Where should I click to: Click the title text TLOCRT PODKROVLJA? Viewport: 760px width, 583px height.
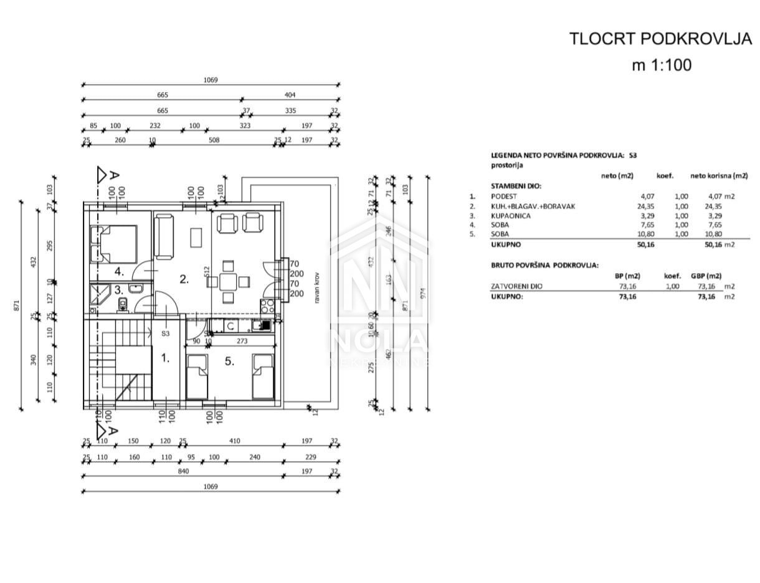tap(661, 39)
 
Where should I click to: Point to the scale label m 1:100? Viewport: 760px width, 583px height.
tap(662, 65)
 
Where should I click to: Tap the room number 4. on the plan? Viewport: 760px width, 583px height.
tap(119, 272)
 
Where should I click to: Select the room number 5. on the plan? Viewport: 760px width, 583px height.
tap(229, 360)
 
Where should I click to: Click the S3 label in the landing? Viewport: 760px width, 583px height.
tap(166, 333)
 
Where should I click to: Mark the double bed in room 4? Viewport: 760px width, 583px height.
tap(113, 243)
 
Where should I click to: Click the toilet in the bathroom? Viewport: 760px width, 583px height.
tap(123, 303)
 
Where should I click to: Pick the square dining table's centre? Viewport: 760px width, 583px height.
tap(228, 281)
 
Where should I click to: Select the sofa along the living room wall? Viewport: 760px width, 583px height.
tap(164, 236)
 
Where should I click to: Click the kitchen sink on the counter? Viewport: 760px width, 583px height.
tap(230, 325)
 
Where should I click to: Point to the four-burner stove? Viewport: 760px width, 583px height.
tap(267, 306)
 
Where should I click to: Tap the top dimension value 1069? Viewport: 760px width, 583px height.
tap(211, 80)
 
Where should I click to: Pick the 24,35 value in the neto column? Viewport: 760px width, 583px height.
tap(624, 206)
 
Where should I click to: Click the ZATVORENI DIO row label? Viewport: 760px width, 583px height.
tap(516, 286)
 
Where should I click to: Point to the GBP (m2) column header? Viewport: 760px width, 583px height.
tap(706, 276)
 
